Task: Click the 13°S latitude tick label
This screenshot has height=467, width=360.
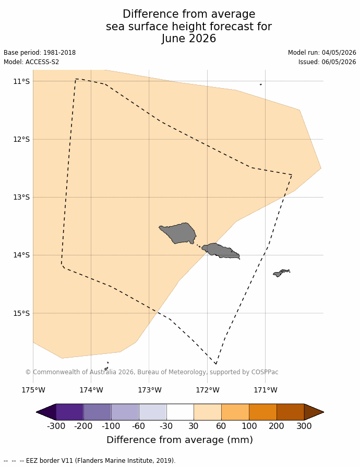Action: pyautogui.click(x=21, y=197)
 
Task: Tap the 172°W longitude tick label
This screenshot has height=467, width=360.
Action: pyautogui.click(x=208, y=390)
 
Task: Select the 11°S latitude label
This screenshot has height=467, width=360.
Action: pyautogui.click(x=21, y=81)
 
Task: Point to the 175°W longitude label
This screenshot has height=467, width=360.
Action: pyautogui.click(x=33, y=390)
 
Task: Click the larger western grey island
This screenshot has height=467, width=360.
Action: pyautogui.click(x=178, y=233)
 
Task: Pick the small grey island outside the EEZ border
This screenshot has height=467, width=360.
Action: pyautogui.click(x=281, y=273)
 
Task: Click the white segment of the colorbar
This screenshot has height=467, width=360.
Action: pyautogui.click(x=180, y=412)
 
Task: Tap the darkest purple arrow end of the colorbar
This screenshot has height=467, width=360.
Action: pyautogui.click(x=46, y=412)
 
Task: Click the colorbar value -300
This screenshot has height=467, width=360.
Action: pyautogui.click(x=56, y=426)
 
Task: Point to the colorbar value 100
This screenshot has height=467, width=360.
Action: pyautogui.click(x=249, y=426)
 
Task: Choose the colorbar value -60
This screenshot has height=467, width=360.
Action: pyautogui.click(x=139, y=426)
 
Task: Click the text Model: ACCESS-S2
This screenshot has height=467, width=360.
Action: pyautogui.click(x=31, y=62)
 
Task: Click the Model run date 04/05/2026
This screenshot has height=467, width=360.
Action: pyautogui.click(x=339, y=53)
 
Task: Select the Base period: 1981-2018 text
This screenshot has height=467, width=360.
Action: pyautogui.click(x=40, y=53)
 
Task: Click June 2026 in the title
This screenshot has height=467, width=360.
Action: pyautogui.click(x=189, y=39)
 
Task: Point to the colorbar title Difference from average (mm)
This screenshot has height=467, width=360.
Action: pyautogui.click(x=179, y=440)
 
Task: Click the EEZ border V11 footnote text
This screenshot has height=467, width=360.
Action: pyautogui.click(x=101, y=460)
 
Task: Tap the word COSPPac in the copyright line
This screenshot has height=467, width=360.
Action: pyautogui.click(x=265, y=372)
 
